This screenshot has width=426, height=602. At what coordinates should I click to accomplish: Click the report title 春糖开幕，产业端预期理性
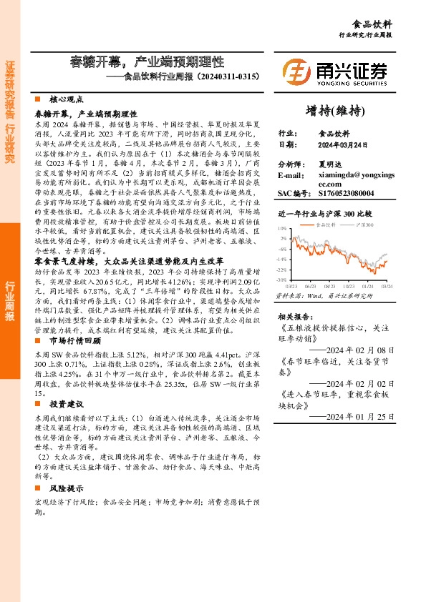(147, 61)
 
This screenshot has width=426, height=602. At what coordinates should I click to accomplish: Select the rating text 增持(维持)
(335, 110)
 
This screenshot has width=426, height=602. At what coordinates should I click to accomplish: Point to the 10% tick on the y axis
(282, 228)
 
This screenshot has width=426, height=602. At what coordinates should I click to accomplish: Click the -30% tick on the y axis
(281, 280)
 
